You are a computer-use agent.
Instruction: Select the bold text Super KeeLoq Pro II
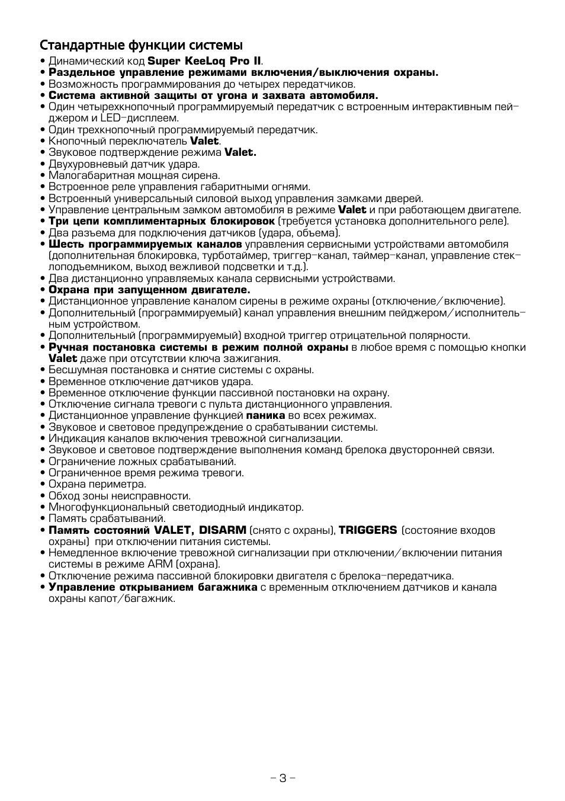coord(204,61)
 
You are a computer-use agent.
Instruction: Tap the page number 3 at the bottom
coord(282,778)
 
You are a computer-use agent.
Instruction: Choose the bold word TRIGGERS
coord(367,530)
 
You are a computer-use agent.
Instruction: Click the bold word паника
coord(265,415)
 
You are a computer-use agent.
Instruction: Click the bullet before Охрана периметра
coord(43,485)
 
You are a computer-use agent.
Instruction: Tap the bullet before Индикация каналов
coord(43,439)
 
